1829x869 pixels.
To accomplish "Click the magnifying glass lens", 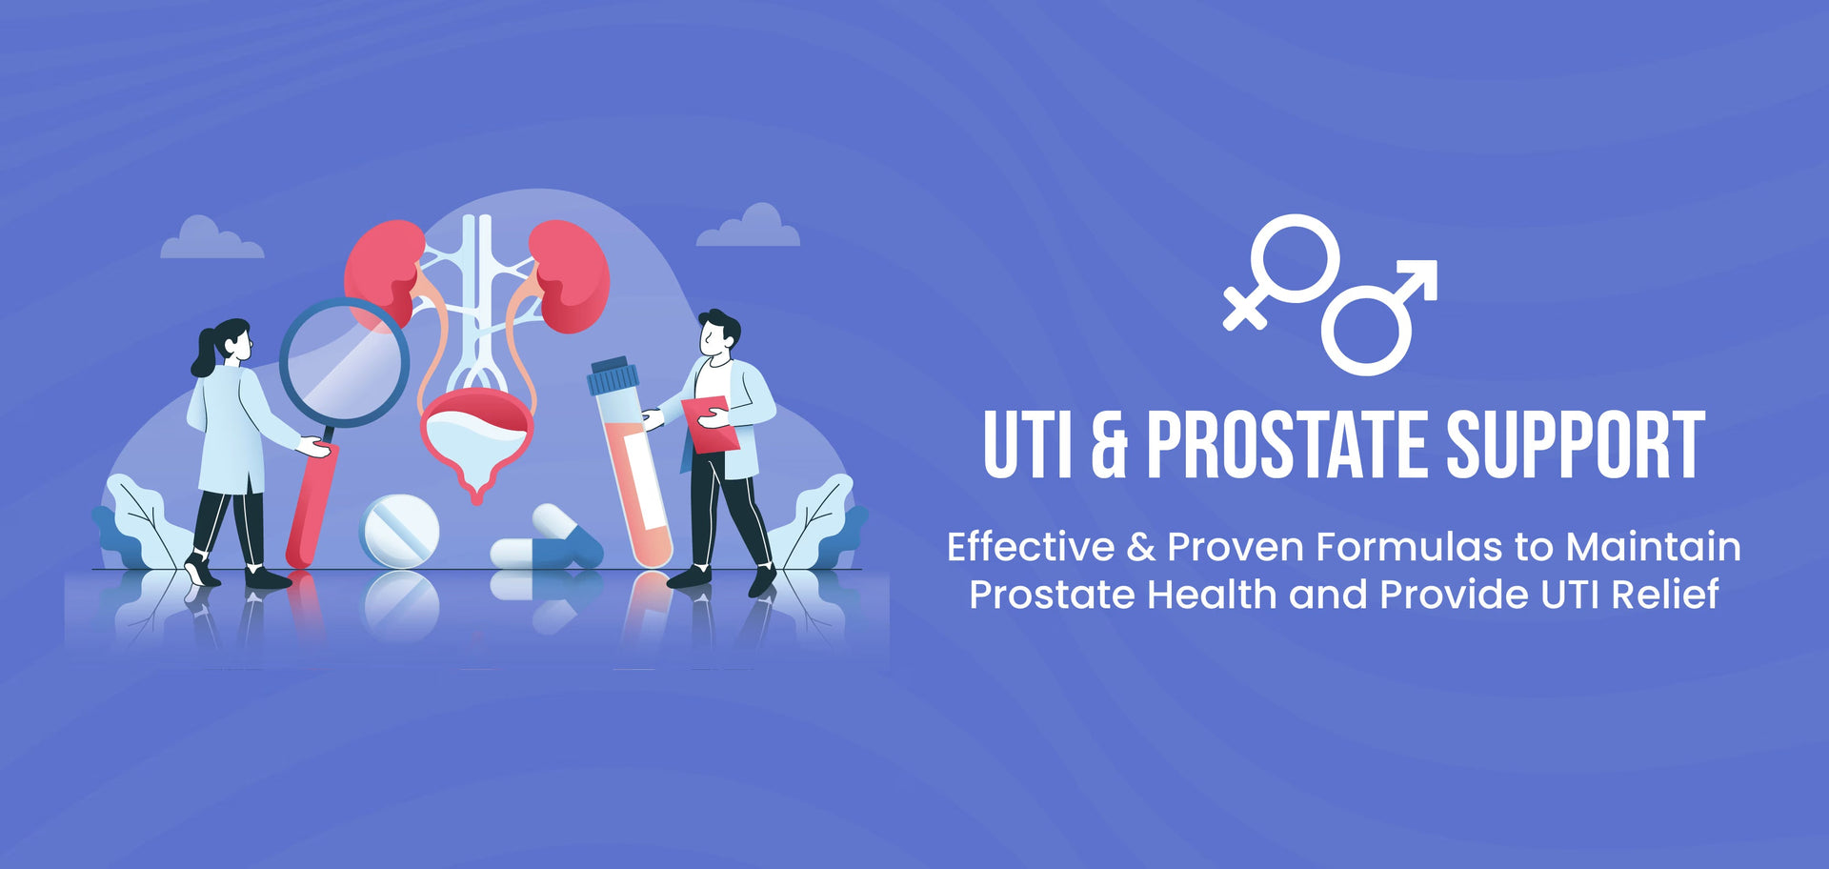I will (345, 362).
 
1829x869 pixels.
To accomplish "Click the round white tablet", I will (400, 530).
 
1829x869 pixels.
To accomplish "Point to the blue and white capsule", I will (546, 543).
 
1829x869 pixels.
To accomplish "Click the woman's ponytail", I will (204, 354).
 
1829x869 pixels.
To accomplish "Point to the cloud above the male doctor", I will (750, 229).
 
